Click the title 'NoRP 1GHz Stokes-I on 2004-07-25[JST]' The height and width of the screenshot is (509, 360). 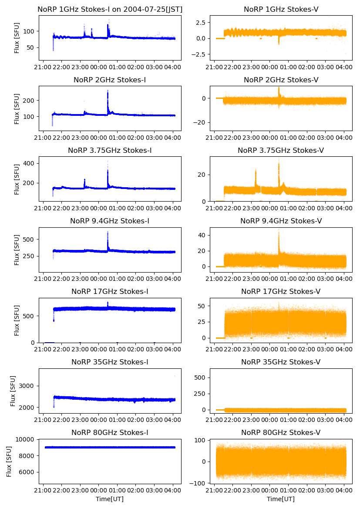(x=110, y=9)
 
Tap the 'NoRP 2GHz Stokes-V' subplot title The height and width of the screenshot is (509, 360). (x=281, y=80)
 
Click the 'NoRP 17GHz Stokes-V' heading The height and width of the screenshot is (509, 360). (x=281, y=291)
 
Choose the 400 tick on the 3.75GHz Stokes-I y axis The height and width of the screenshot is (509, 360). (x=29, y=163)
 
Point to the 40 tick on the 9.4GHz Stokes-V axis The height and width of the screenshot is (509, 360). (x=202, y=235)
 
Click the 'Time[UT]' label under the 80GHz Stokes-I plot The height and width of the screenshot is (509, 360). (x=110, y=499)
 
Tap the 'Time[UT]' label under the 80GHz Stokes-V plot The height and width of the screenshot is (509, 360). (x=281, y=499)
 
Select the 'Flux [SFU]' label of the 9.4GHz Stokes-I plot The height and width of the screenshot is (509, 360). (x=17, y=250)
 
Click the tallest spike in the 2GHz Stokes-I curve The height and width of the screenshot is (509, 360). (x=108, y=91)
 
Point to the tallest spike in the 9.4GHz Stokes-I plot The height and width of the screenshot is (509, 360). (x=108, y=232)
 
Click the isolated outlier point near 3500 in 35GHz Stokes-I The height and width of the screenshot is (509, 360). (x=175, y=376)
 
